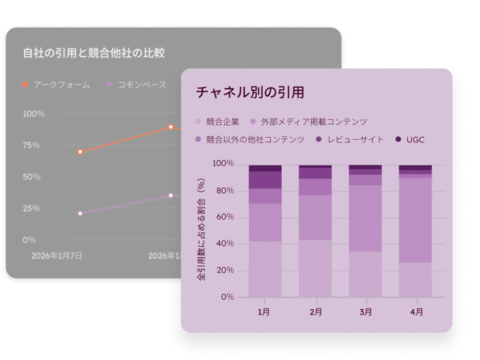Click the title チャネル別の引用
250,93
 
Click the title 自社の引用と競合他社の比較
94,53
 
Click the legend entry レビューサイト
355,139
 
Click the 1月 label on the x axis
265,311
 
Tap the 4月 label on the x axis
416,311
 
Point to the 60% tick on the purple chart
224,217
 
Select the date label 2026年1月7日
57,255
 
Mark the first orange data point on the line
80,152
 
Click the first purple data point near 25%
80,213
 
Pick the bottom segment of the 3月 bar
365,274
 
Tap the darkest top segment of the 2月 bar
315,167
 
